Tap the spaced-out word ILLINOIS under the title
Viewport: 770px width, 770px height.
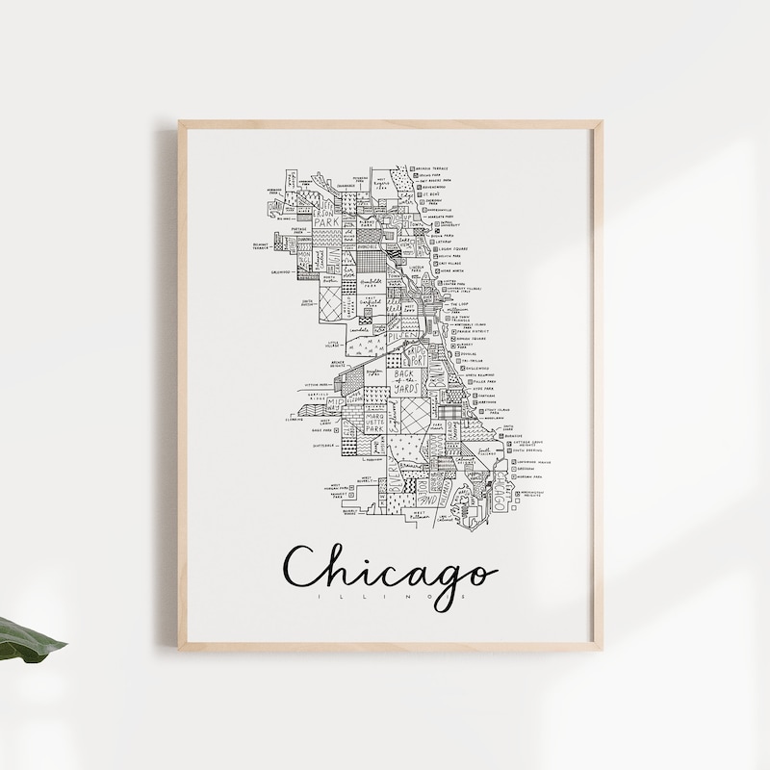(x=389, y=599)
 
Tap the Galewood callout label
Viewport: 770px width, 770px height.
(x=280, y=271)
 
